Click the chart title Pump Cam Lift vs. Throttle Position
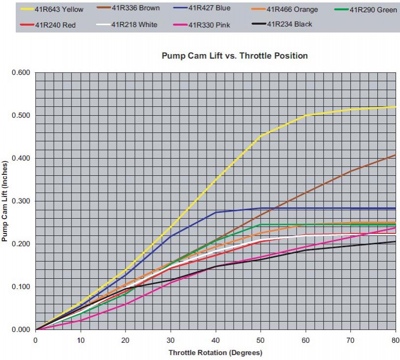point(235,56)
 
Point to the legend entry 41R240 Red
point(55,25)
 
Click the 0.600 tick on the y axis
point(21,73)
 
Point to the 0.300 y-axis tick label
point(21,201)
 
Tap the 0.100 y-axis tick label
point(21,287)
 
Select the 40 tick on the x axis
point(215,340)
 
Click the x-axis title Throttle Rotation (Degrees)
point(215,353)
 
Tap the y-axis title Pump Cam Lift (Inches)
point(5,201)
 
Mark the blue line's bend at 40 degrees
point(216,212)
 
